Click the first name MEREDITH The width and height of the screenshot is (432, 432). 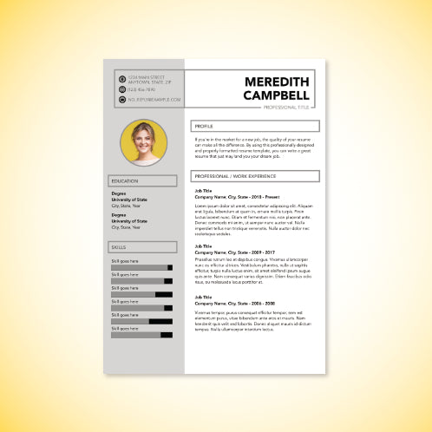[277, 82]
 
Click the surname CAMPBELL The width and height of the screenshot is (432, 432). [277, 95]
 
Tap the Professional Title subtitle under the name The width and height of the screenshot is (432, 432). [286, 107]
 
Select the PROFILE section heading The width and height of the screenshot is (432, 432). [205, 126]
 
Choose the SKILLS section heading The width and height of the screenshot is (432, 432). [118, 247]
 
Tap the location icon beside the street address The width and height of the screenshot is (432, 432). [121, 79]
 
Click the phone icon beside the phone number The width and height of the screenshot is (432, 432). [121, 89]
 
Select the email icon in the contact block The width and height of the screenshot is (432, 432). [121, 100]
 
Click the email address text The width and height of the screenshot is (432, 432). [154, 100]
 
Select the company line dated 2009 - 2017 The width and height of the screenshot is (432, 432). [232, 252]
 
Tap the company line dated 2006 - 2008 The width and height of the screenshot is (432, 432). [234, 304]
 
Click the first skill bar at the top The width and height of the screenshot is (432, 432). [141, 267]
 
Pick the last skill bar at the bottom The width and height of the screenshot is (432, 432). [141, 334]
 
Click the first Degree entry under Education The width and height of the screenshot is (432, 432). [119, 193]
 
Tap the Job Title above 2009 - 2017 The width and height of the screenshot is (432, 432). [203, 246]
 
